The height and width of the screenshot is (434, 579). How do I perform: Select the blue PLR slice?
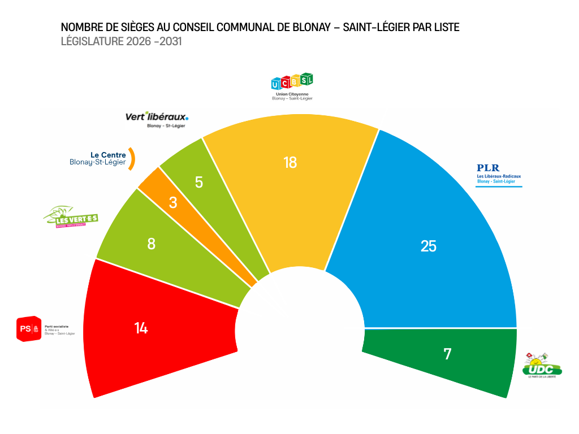click(x=430, y=226)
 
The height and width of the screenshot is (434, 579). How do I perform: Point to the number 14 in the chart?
click(x=141, y=328)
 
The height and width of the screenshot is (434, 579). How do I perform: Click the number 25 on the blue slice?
click(x=429, y=246)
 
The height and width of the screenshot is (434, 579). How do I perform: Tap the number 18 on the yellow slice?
click(x=290, y=163)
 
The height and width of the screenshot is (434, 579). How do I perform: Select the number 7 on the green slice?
click(x=447, y=354)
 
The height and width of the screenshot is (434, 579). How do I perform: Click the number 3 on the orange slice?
click(x=173, y=202)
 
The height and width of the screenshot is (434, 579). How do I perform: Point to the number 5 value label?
click(x=198, y=182)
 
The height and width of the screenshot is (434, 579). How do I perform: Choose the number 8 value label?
click(x=151, y=244)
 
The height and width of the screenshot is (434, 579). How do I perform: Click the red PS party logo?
click(x=29, y=329)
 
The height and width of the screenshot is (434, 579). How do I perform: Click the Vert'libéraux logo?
click(x=157, y=117)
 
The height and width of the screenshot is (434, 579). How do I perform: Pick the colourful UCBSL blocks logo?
click(x=292, y=82)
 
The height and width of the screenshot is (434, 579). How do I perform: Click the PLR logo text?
click(x=488, y=168)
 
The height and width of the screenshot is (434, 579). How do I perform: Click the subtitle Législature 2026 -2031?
click(x=121, y=41)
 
